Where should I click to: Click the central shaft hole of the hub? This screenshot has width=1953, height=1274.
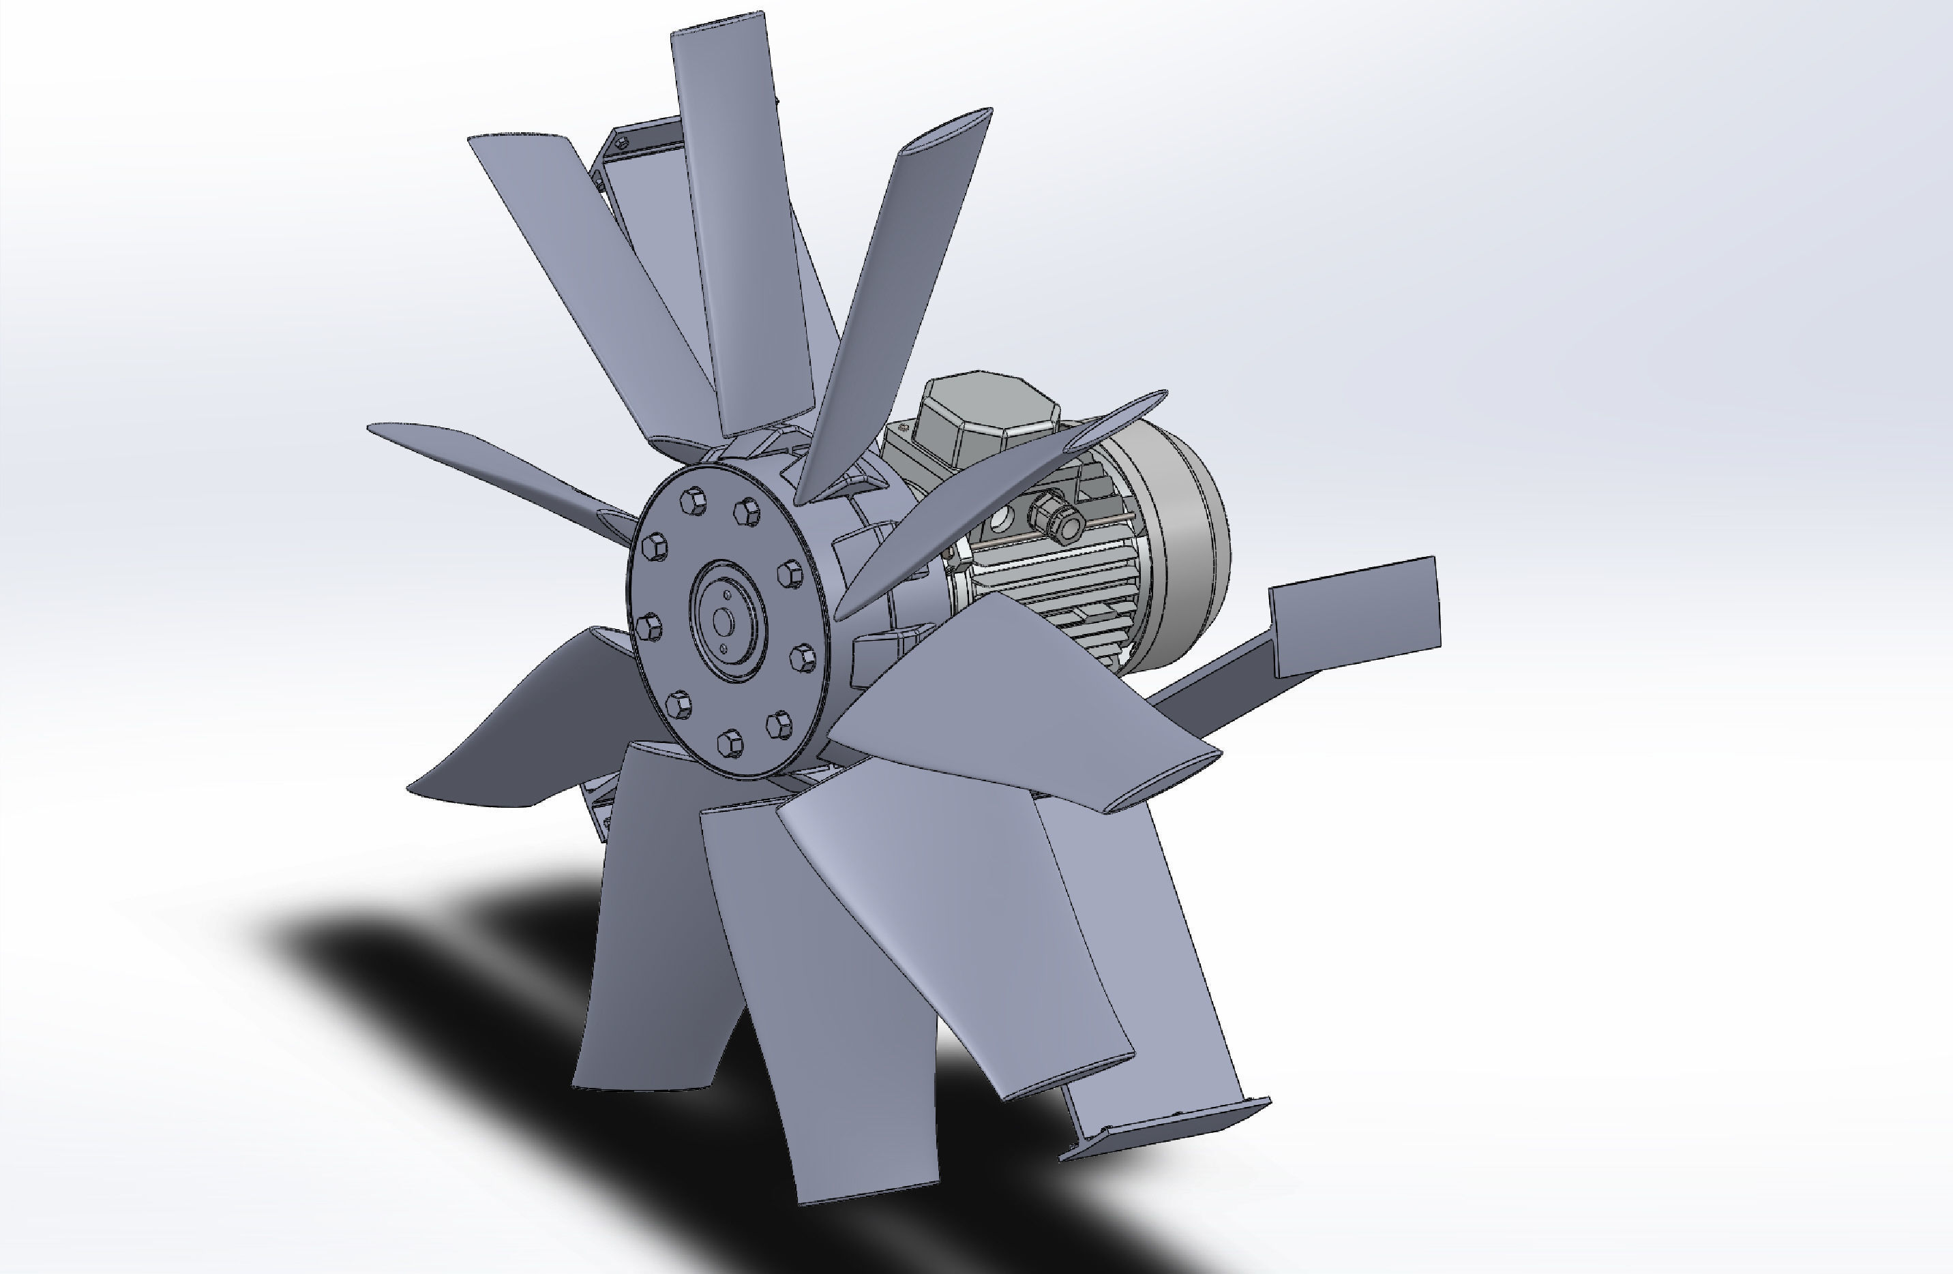coord(723,621)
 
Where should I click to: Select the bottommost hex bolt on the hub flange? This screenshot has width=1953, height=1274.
coord(730,743)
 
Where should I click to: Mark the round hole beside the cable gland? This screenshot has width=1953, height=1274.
coord(1002,519)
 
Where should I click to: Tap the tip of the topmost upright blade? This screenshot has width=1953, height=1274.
coord(718,23)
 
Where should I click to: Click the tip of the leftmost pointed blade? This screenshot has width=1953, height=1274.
coord(374,427)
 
